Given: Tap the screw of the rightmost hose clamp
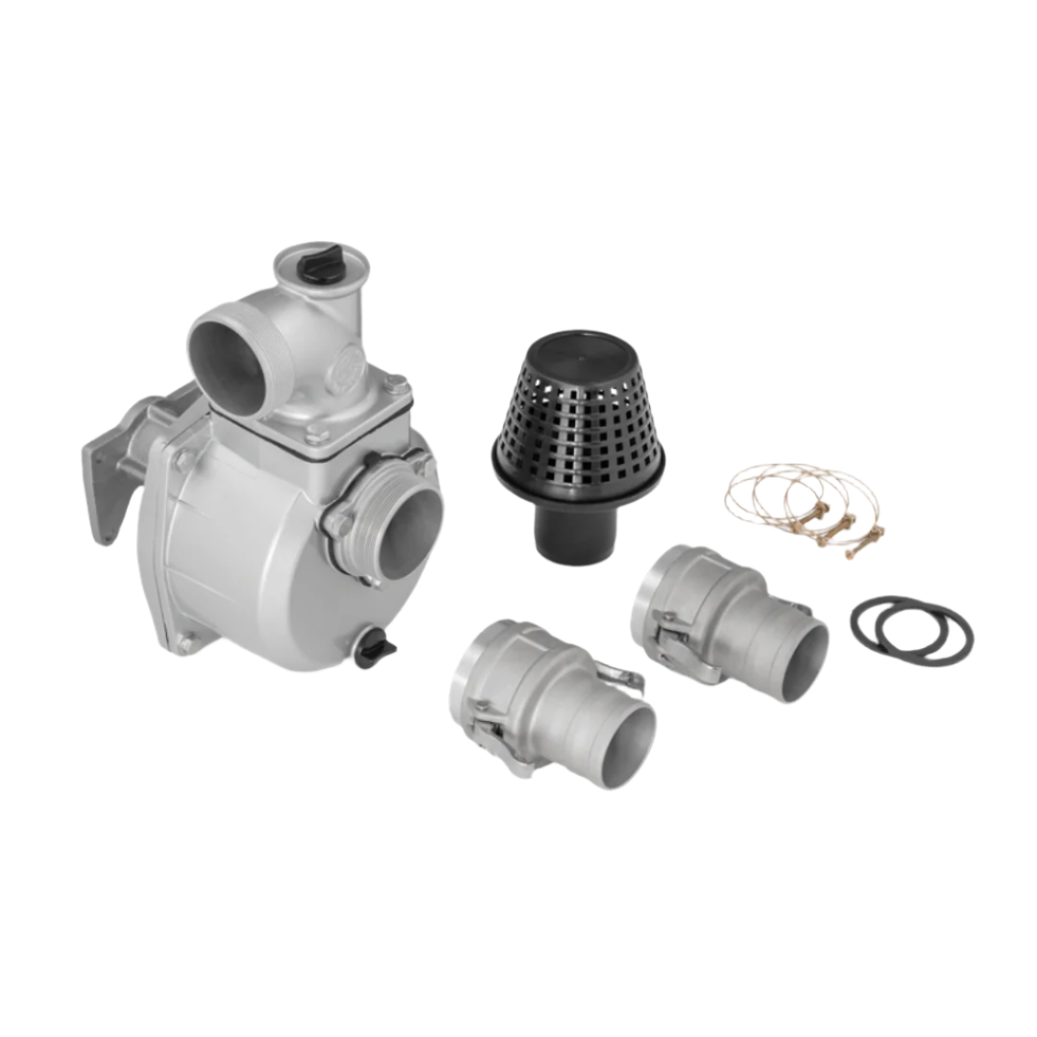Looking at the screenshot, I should click(869, 530).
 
